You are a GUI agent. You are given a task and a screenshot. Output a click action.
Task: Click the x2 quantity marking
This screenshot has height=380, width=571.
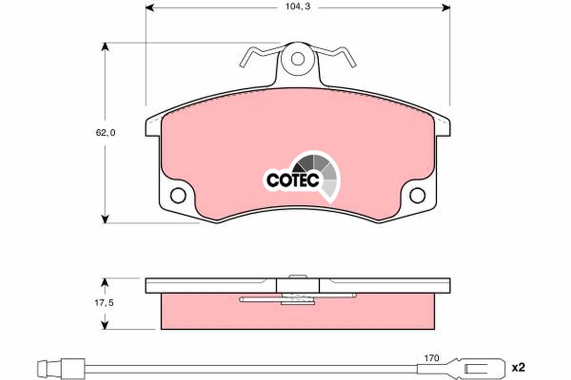518,367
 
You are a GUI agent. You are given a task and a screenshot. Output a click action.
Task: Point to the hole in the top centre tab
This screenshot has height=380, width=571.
298,59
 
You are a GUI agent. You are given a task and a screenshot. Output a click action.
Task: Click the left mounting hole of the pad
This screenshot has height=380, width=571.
178,195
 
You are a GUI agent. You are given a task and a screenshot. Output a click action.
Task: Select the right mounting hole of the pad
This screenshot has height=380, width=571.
417,195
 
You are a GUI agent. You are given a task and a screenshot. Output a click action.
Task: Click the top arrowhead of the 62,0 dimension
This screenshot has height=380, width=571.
106,47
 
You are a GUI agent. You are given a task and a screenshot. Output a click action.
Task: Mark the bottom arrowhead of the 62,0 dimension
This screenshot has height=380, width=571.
106,219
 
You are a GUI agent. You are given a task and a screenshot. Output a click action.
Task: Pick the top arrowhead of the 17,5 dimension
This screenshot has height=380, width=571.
106,282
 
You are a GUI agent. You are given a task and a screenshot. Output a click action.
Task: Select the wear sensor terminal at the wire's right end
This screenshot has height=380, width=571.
481,368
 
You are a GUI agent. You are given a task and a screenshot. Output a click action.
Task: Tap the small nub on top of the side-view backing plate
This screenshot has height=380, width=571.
298,276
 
